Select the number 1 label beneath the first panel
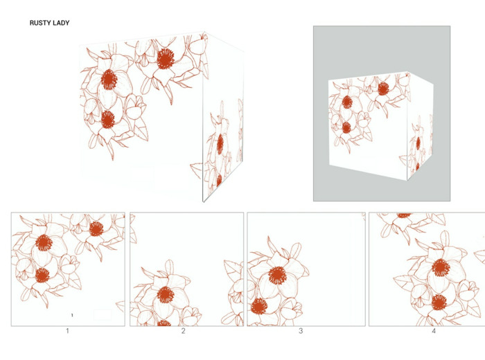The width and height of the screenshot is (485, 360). pos(67,331)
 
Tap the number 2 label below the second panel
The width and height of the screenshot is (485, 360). pos(183,331)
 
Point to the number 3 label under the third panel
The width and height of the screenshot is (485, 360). pos(301,331)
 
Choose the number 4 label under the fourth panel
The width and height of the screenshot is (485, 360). pos(434,331)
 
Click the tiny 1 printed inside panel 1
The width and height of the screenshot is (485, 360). pos(72,315)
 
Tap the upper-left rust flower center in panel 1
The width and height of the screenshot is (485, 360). pos(44,242)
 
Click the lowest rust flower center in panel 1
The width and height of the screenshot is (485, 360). pos(42,276)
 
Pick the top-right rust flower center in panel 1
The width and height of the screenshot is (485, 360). pos(96,228)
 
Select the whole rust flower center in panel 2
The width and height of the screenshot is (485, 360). pos(166,294)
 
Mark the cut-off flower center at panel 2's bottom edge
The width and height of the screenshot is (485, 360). pos(164,323)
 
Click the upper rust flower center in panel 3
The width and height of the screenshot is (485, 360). pos(278,276)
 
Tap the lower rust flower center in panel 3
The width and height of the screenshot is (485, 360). pos(259,306)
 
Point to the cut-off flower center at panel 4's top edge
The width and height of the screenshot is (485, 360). pos(404,215)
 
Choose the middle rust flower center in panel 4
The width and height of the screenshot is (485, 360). pos(441,268)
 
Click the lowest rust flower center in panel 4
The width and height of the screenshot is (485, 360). pos(439,303)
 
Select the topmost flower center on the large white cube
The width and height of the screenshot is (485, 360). pos(166,59)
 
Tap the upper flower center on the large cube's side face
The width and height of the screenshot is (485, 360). pos(220,144)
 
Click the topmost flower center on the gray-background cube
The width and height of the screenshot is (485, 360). pos(383,89)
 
